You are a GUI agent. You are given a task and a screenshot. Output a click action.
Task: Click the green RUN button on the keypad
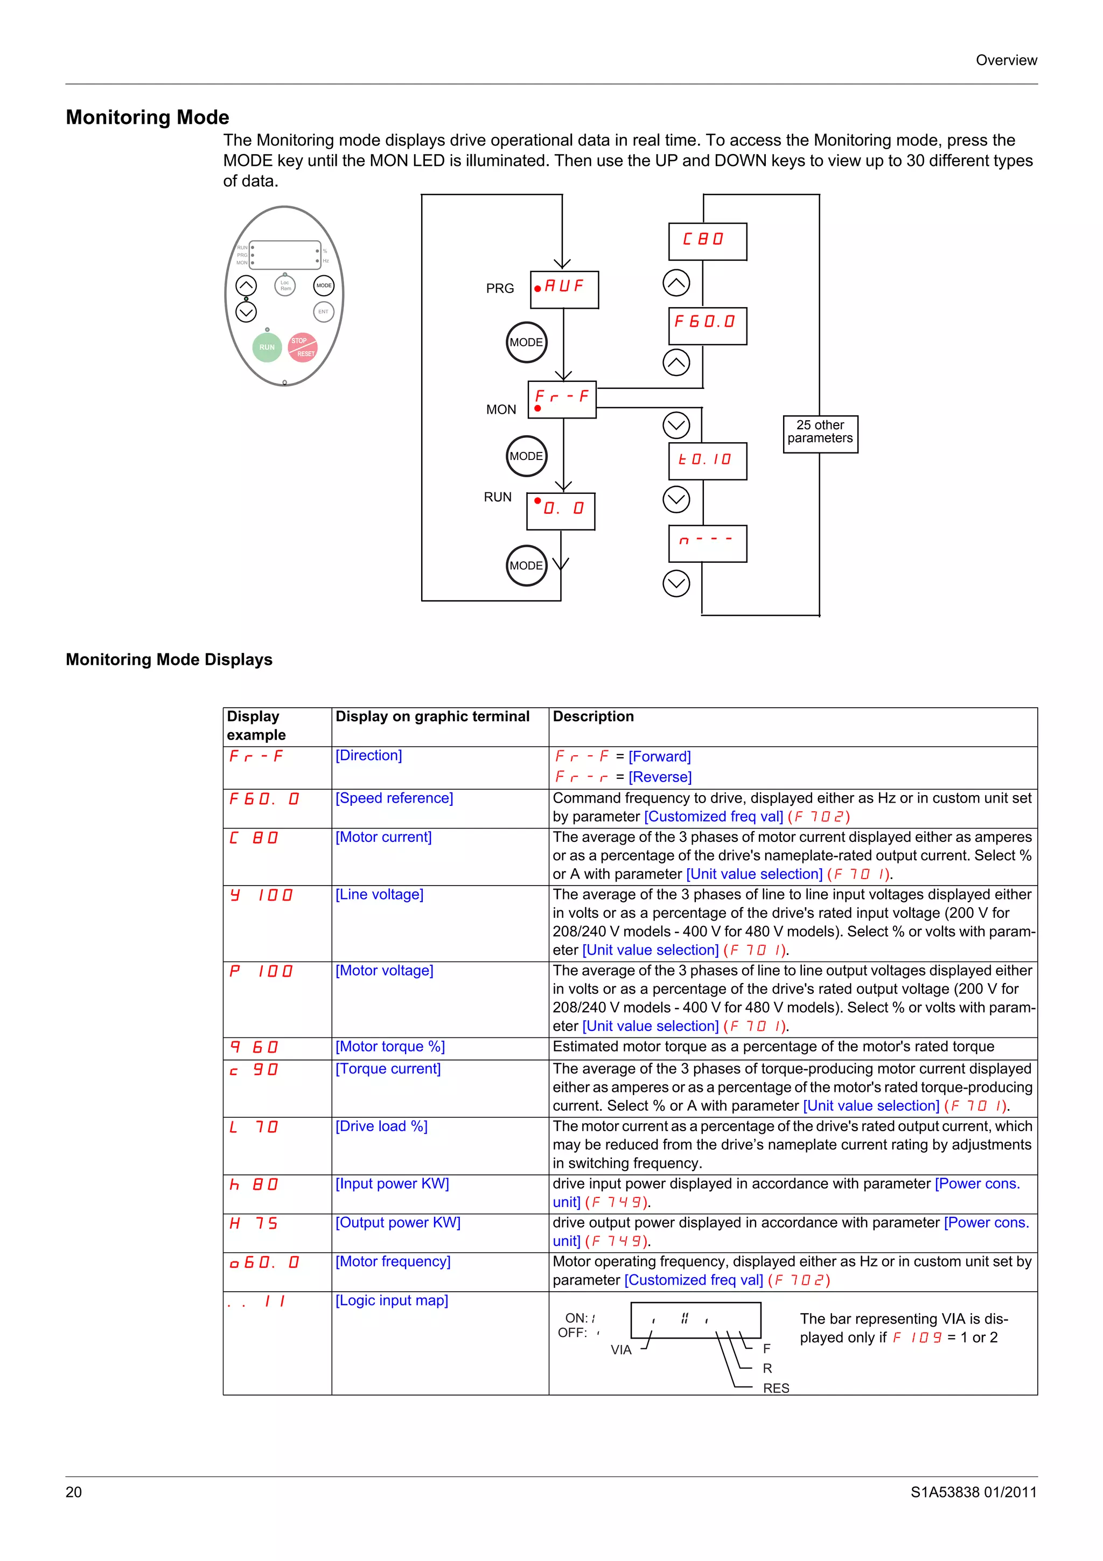coord(267,347)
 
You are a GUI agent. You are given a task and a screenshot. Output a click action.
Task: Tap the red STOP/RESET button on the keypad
coord(303,347)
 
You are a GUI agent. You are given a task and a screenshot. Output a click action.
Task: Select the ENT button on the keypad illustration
coord(324,312)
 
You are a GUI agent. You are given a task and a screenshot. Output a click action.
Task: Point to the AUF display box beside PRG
coord(564,290)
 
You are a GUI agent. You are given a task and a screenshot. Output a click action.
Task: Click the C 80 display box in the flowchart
coord(708,241)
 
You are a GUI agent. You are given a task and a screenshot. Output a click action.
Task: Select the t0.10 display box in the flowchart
coord(708,461)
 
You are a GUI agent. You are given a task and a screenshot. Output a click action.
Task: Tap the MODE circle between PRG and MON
coord(526,342)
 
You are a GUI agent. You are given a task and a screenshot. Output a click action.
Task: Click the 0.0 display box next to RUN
coord(561,511)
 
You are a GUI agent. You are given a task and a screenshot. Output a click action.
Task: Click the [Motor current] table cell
coord(384,837)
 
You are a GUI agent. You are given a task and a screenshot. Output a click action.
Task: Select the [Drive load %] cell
coord(381,1126)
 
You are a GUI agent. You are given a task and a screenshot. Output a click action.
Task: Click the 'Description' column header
coord(594,716)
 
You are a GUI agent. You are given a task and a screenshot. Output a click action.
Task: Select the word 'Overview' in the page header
coord(1006,60)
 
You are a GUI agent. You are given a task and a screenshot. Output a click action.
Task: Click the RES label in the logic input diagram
coord(776,1388)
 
